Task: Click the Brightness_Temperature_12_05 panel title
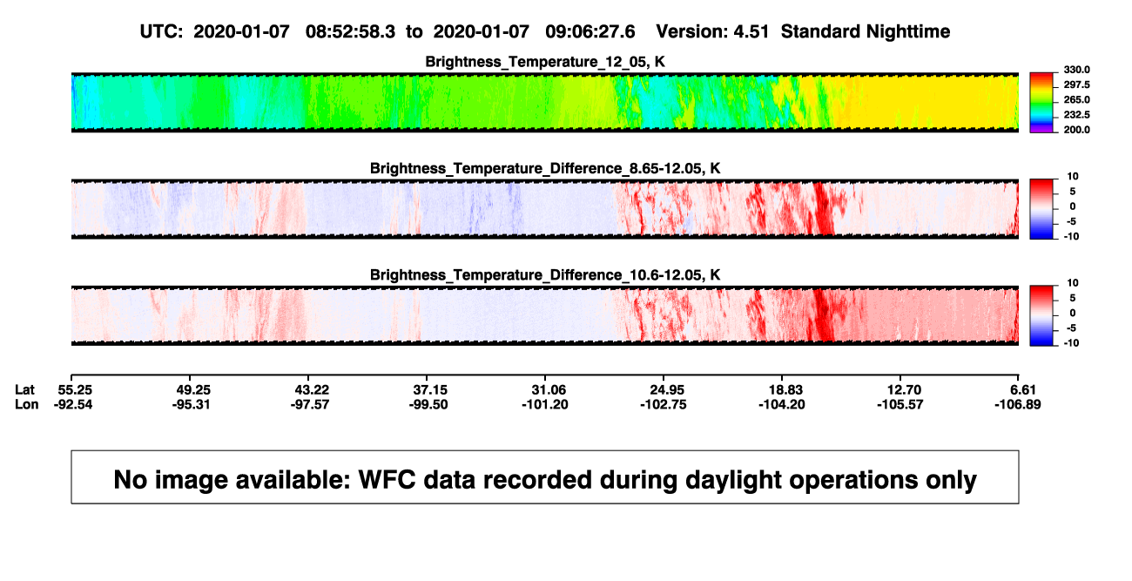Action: click(x=545, y=62)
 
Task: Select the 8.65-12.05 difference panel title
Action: click(x=545, y=168)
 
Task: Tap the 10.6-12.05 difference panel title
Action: click(x=545, y=275)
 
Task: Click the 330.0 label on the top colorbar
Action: click(x=1076, y=70)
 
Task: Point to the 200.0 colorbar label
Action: click(x=1076, y=130)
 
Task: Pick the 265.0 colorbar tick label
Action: click(x=1076, y=99)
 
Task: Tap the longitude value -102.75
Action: click(x=663, y=404)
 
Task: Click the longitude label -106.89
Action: click(x=1017, y=404)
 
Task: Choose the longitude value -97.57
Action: click(x=310, y=404)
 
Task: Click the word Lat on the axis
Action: click(x=24, y=390)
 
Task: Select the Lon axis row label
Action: click(x=26, y=404)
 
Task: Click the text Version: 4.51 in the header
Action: click(x=712, y=32)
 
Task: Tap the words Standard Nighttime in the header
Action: click(x=866, y=32)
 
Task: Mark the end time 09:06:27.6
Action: click(x=590, y=32)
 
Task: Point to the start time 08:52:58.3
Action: click(x=350, y=32)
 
